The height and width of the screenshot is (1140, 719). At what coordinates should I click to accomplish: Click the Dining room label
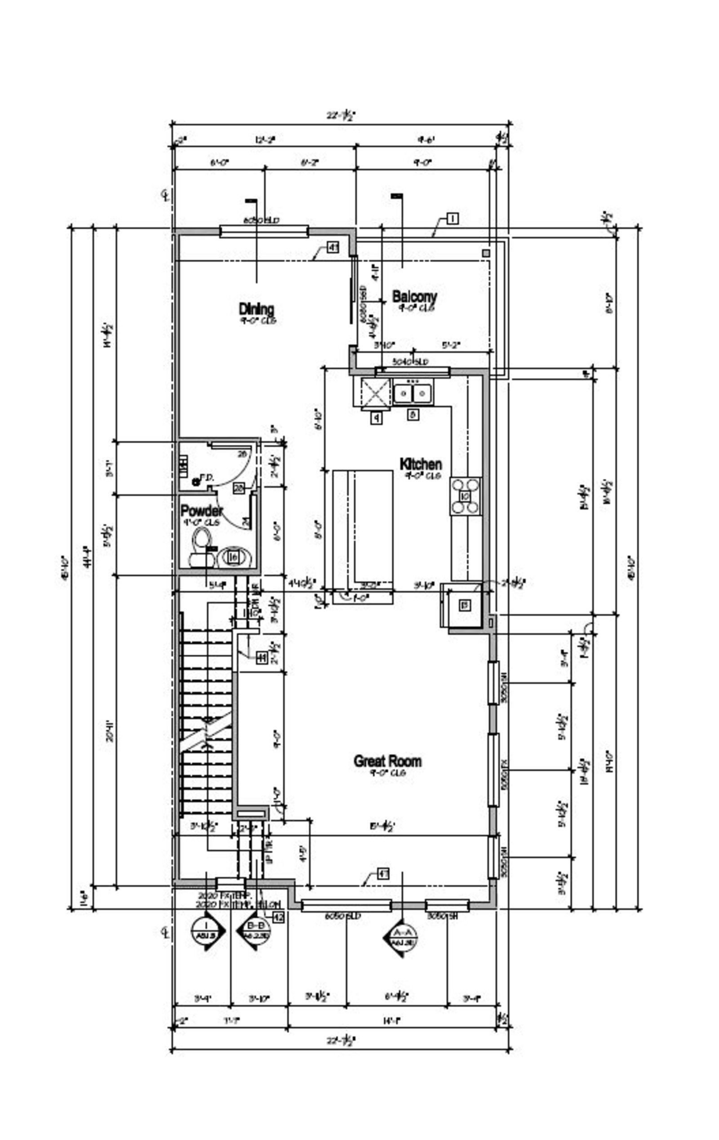click(256, 310)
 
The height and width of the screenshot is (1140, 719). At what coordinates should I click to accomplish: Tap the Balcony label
click(414, 297)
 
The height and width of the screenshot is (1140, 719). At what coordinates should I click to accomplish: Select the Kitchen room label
click(420, 463)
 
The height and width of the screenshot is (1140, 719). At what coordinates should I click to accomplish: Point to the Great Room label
click(387, 761)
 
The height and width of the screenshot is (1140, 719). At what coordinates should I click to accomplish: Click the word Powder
click(201, 511)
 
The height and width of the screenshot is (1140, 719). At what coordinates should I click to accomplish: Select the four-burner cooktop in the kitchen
click(465, 496)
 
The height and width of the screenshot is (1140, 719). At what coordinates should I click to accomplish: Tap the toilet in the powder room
click(201, 548)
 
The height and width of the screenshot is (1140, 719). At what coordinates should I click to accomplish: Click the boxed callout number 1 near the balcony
click(453, 218)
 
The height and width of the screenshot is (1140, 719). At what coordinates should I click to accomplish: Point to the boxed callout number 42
click(278, 917)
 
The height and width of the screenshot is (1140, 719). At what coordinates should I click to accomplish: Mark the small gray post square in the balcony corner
click(486, 253)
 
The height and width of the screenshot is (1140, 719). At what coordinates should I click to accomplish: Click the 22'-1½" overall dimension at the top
click(340, 115)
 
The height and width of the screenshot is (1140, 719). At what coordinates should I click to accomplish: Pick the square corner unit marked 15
click(464, 605)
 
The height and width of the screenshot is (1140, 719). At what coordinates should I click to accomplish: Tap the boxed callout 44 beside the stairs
click(262, 658)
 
